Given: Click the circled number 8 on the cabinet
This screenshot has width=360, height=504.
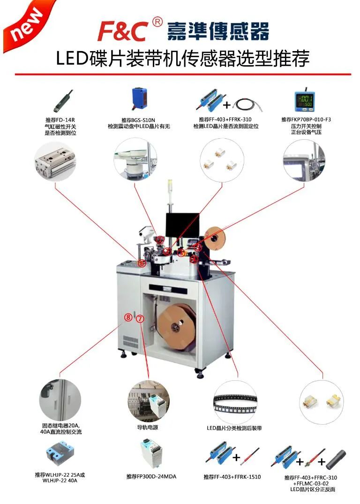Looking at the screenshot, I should [x=128, y=317].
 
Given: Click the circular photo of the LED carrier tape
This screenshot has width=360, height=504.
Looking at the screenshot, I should [x=235, y=401].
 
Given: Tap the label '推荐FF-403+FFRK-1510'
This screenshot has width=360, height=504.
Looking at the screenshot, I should [x=232, y=477].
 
